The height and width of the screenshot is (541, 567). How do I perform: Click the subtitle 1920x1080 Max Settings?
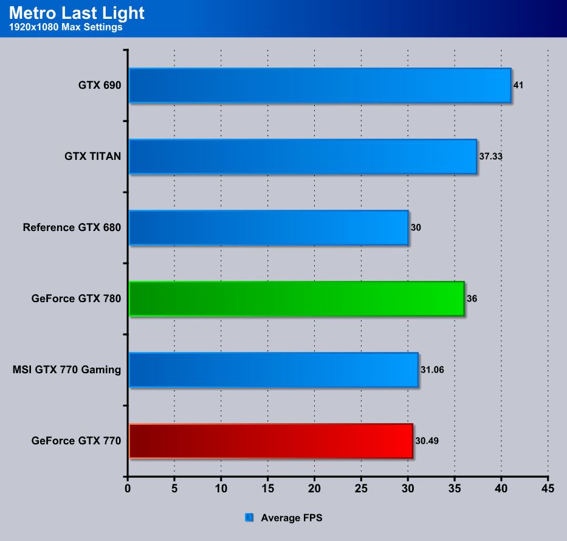[66, 27]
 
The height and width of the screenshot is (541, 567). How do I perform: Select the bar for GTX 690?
[320, 85]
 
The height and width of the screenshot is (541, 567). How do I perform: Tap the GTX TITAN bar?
[303, 156]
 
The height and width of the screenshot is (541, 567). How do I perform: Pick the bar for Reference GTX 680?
[268, 228]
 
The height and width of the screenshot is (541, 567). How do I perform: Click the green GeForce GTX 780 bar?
[297, 299]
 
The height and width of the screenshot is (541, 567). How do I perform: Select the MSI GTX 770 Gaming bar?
[273, 370]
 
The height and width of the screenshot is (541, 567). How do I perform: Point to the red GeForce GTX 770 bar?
[271, 441]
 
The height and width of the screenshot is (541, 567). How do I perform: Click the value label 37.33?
[491, 156]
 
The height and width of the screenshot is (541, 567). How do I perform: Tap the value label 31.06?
[432, 370]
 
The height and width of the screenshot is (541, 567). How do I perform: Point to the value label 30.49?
[427, 441]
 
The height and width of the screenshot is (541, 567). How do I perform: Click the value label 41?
[518, 85]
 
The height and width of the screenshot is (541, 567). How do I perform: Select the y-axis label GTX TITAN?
[92, 156]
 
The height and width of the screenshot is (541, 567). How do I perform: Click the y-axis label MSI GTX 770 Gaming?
[67, 370]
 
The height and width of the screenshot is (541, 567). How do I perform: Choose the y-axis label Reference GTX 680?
[72, 228]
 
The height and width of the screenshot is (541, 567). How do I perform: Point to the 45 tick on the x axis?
[548, 488]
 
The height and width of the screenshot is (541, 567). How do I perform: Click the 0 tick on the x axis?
[128, 488]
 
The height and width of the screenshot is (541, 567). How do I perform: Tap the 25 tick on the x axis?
[361, 488]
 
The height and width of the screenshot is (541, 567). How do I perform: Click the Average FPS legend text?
[292, 518]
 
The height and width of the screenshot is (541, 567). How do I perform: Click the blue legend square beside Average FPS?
[249, 518]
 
